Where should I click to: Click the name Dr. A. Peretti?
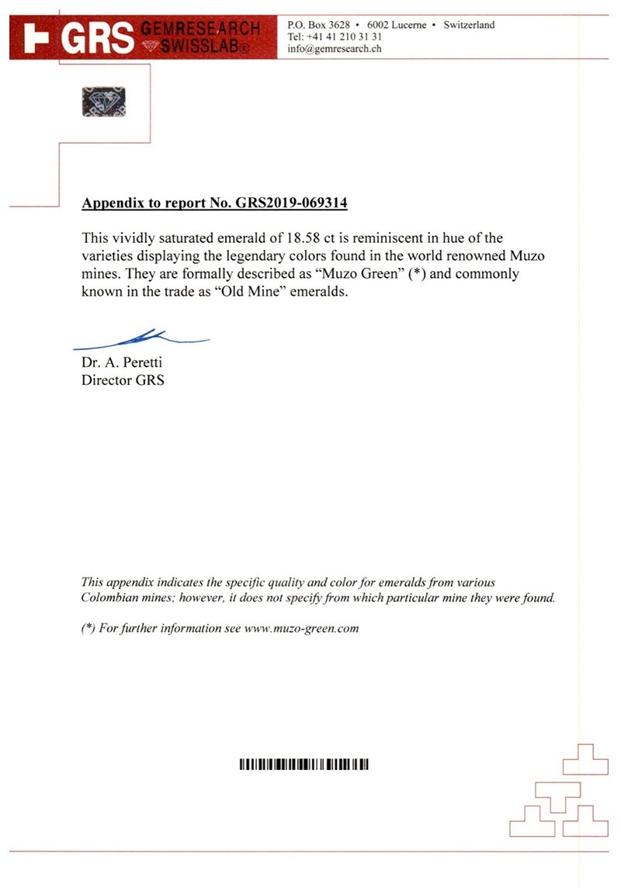(x=122, y=363)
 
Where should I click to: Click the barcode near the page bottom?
(x=304, y=765)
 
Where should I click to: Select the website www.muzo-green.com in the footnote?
(x=301, y=628)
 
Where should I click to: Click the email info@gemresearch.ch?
(x=334, y=49)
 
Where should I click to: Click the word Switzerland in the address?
(x=469, y=25)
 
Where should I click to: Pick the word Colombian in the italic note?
(x=115, y=598)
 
